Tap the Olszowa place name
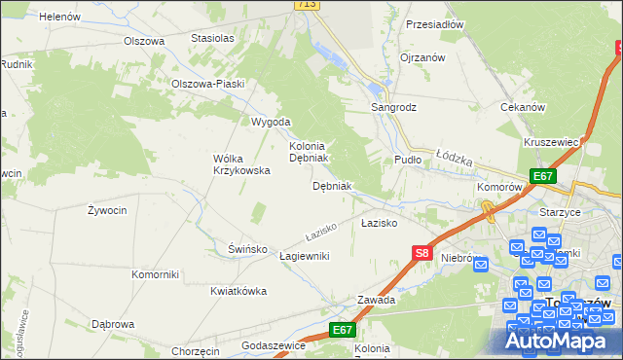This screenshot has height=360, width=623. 143,41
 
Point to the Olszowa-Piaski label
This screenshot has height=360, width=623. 206,84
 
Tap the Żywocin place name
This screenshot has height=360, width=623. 106,210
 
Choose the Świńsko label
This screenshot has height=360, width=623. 248,249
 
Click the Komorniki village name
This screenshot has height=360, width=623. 155,274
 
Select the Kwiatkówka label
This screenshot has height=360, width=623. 238,291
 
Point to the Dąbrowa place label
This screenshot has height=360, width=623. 112,324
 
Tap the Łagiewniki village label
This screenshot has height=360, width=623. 305,256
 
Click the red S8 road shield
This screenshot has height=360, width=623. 421,253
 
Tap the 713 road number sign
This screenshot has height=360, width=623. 307,5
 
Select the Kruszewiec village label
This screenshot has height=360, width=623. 551,142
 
